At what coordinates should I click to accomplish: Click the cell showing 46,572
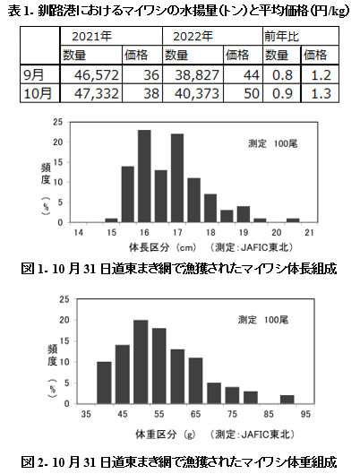click(91, 74)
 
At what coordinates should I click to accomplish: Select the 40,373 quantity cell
click(193, 93)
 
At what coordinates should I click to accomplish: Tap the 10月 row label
click(40, 93)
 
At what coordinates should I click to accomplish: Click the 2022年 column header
click(212, 36)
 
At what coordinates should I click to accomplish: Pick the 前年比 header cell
click(301, 36)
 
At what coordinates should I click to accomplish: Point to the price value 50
click(243, 93)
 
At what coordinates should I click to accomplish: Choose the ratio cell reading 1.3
click(320, 93)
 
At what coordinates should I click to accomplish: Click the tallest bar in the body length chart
click(144, 177)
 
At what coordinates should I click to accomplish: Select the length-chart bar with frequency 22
click(177, 178)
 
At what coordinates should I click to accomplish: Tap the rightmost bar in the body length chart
click(293, 220)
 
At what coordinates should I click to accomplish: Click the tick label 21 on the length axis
click(310, 232)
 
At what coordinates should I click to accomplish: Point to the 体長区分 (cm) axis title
click(163, 247)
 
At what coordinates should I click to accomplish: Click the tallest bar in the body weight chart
click(141, 362)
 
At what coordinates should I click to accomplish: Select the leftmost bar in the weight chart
click(104, 383)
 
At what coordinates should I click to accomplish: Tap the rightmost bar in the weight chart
click(287, 400)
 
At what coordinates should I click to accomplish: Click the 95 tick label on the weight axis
click(305, 414)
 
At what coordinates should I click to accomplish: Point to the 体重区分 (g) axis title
click(165, 435)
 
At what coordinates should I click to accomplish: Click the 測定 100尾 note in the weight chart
click(263, 320)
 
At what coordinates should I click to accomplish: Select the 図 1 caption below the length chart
click(179, 269)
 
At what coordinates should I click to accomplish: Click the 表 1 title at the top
click(179, 11)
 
